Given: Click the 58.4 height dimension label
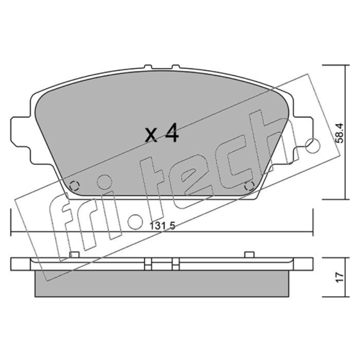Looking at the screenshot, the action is coord(339,133).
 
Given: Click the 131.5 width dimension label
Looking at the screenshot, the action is coord(162,226).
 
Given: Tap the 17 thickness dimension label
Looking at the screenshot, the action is coord(340,277).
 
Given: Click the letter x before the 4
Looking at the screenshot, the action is coord(151,135).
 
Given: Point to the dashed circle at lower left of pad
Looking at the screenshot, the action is coord(74,185).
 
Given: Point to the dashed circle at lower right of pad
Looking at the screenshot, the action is coord(250,185).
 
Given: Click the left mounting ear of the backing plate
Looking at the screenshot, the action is coord(21,131).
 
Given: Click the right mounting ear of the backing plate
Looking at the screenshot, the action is coord(303,131).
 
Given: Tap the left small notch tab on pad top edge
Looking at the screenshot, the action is coord(148,67).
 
